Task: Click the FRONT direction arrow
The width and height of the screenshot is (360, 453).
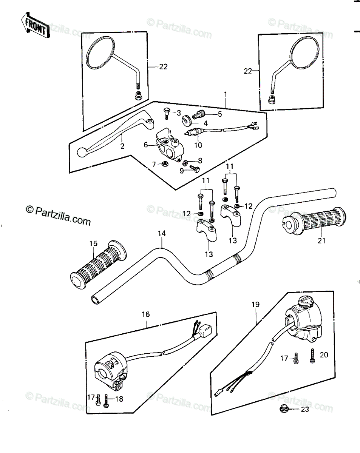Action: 36,25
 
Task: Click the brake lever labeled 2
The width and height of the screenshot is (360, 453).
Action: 115,134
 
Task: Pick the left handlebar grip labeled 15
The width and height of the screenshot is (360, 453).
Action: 98,265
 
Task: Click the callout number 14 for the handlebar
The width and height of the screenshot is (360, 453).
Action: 162,233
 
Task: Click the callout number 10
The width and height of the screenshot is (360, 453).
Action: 198,145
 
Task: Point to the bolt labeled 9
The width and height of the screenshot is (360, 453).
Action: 195,169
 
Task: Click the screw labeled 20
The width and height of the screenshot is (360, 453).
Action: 312,355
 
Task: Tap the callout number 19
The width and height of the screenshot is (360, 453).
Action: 255,304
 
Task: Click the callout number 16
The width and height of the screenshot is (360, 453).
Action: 145,314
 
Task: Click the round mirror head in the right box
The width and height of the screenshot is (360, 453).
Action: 304,53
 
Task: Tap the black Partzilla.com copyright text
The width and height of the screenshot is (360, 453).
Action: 58,216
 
